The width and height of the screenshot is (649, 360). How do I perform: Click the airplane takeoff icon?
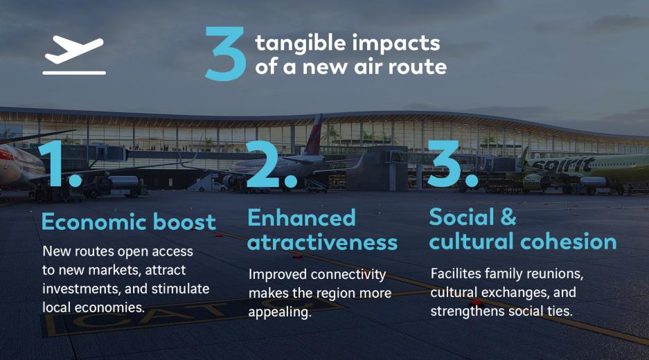[74, 55]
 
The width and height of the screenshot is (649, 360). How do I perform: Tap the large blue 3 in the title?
[226, 53]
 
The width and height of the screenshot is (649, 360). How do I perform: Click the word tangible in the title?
[300, 44]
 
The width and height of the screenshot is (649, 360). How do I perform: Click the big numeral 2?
[272, 164]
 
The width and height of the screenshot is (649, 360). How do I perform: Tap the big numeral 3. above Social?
[453, 163]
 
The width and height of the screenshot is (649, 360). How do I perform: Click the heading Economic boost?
[129, 222]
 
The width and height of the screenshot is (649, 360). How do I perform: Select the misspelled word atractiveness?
[323, 242]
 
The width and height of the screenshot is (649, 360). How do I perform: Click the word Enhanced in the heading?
[302, 217]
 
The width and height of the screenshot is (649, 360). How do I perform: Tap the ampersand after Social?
[508, 217]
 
